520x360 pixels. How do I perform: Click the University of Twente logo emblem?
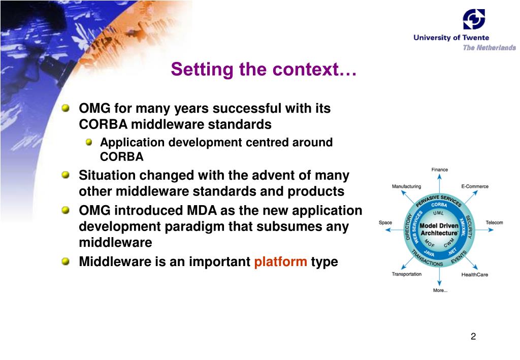click(474, 19)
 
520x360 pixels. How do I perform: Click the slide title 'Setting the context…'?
click(264, 69)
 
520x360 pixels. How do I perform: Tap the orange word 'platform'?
click(280, 261)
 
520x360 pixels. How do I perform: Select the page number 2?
click(473, 337)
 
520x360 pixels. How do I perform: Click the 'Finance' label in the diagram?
click(439, 170)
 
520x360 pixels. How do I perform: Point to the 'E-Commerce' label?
click(475, 186)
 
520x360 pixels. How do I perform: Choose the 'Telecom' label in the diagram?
click(494, 222)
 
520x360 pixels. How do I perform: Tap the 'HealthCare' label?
click(475, 275)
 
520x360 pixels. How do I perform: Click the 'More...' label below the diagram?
click(440, 290)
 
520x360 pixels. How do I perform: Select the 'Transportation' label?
click(407, 274)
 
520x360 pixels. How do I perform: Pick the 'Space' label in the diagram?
click(385, 222)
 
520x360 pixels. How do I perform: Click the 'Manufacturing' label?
click(406, 186)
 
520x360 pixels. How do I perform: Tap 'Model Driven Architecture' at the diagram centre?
click(439, 230)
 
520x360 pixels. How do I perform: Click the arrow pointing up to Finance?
click(439, 183)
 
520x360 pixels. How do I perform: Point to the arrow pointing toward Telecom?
click(484, 230)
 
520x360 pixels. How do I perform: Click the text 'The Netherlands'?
click(489, 48)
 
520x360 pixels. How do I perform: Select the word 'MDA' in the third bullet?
click(202, 211)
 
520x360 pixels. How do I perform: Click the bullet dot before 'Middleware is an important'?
click(66, 261)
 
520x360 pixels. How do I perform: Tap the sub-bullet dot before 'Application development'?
click(88, 142)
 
